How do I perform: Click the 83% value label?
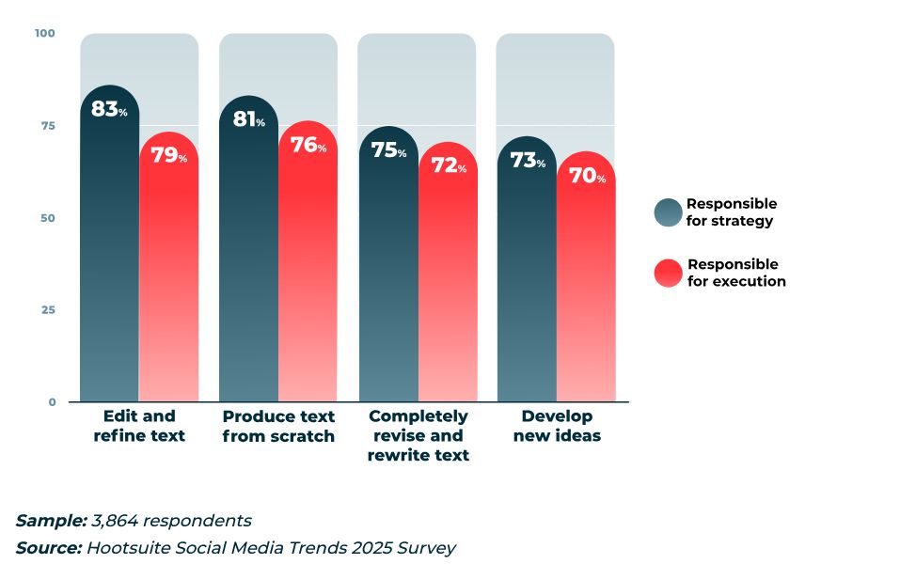pos(108,110)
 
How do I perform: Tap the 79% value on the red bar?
pos(168,155)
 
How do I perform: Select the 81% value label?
pos(248,119)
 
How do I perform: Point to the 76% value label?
pos(308,145)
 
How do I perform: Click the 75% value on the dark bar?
pos(387,150)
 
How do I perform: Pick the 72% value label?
pos(448,166)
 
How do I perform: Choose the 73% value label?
pos(527,161)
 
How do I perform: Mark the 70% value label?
pos(587,175)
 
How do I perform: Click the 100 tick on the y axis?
pos(45,34)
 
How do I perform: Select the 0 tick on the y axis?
pos(52,402)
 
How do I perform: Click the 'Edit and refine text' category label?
pos(139,426)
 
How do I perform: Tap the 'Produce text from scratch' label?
pos(278,426)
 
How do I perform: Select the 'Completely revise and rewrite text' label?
pos(418,435)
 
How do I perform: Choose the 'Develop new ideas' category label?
pos(557,426)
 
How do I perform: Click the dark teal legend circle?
pos(668,212)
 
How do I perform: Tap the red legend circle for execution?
pos(668,273)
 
